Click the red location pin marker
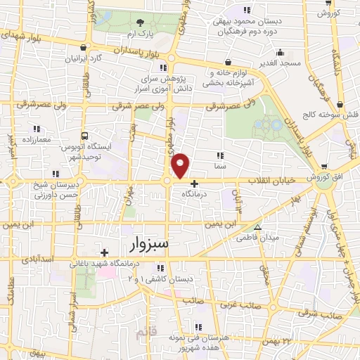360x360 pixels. pyautogui.click(x=181, y=165)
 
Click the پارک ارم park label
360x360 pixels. pyautogui.click(x=139, y=34)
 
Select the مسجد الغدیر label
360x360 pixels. pyautogui.click(x=280, y=63)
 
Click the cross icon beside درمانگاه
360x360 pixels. pyautogui.click(x=195, y=184)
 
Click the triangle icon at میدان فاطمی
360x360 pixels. pyautogui.click(x=258, y=227)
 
